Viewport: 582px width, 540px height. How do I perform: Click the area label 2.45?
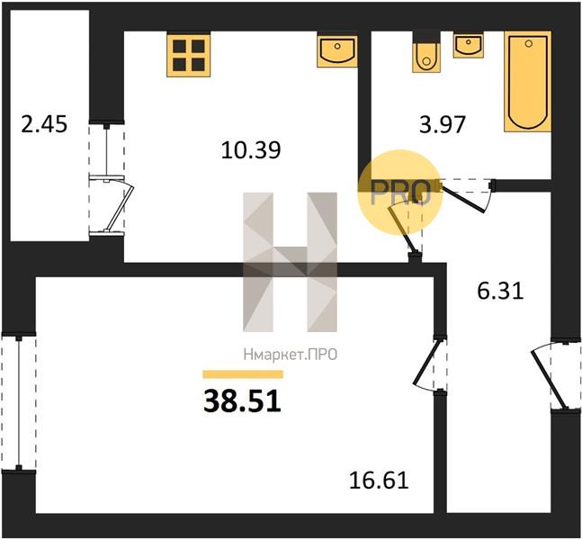click(x=44, y=124)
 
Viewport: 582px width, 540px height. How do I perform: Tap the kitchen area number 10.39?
click(x=251, y=150)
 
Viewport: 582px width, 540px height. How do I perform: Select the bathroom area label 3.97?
click(x=443, y=124)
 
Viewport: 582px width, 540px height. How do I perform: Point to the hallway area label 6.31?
click(x=500, y=291)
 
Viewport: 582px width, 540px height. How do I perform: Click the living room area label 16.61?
click(x=379, y=481)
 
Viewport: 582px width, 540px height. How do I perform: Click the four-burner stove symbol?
click(x=189, y=55)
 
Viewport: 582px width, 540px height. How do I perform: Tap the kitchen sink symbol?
click(x=337, y=51)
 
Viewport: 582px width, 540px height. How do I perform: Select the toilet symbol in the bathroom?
click(x=427, y=52)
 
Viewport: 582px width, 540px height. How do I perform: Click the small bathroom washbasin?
click(x=469, y=45)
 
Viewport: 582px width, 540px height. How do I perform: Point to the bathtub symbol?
click(x=527, y=82)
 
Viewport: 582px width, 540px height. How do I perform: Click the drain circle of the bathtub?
click(x=529, y=44)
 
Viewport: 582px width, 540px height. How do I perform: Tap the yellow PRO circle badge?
click(x=400, y=193)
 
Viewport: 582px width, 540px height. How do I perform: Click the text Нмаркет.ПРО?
click(x=291, y=355)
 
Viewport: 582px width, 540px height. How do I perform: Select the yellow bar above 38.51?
click(x=243, y=374)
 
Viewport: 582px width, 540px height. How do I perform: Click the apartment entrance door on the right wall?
click(x=556, y=375)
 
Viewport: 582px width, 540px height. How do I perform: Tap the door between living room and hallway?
click(x=431, y=364)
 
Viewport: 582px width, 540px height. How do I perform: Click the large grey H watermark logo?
click(x=290, y=262)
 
